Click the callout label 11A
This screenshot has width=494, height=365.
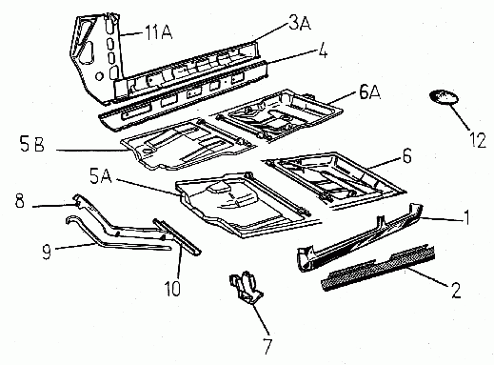click(158, 32)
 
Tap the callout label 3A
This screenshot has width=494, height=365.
click(300, 23)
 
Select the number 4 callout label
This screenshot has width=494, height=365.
click(323, 51)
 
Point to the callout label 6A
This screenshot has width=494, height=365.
click(369, 92)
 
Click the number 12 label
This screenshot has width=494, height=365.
click(477, 140)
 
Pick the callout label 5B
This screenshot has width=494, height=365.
click(32, 145)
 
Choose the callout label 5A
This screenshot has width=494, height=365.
click(101, 177)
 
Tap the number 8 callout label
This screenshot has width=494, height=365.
click(20, 201)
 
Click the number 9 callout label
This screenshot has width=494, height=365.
click(47, 253)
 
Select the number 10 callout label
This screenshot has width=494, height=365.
click(172, 289)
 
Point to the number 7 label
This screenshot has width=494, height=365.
click(267, 347)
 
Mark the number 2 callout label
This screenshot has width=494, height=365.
click(456, 291)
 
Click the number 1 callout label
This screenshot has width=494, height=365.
click(466, 217)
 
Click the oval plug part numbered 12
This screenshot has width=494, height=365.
click(444, 97)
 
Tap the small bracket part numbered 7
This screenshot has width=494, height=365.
click(246, 288)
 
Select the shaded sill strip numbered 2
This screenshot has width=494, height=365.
click(378, 267)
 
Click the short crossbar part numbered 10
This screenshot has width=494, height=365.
click(177, 236)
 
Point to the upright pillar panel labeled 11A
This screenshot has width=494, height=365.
click(95, 57)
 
